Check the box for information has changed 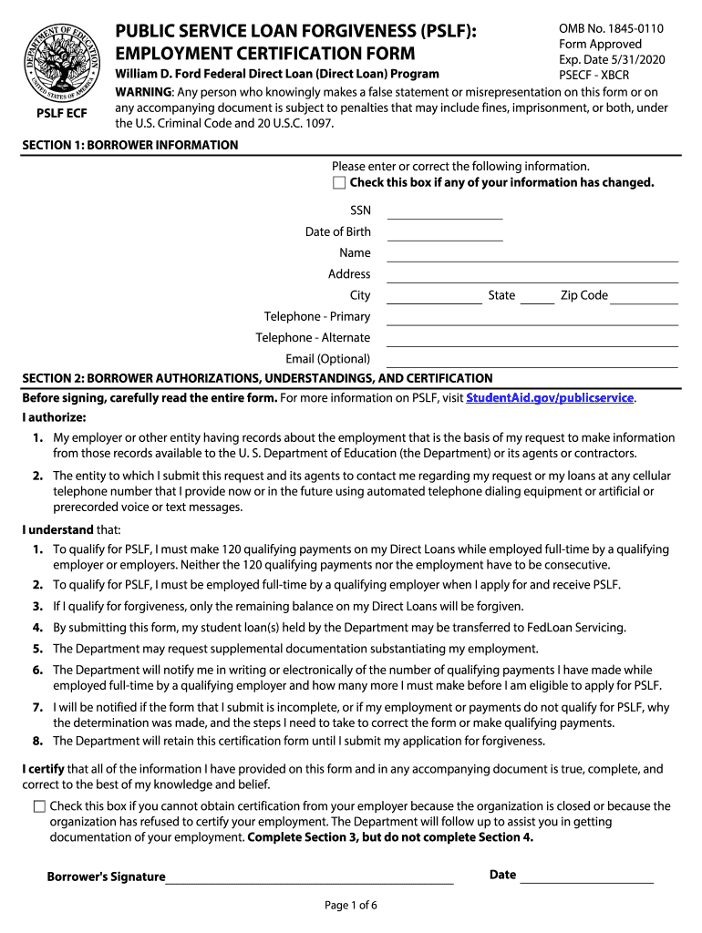pyautogui.click(x=339, y=183)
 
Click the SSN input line pyautogui.click(x=445, y=213)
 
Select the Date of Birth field pyautogui.click(x=445, y=234)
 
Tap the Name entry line pyautogui.click(x=532, y=255)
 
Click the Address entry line pyautogui.click(x=532, y=276)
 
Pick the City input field pyautogui.click(x=434, y=297)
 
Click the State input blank pyautogui.click(x=537, y=297)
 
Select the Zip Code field pyautogui.click(x=645, y=297)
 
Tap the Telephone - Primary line pyautogui.click(x=532, y=319)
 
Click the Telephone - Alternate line pyautogui.click(x=532, y=340)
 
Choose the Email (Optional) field pyautogui.click(x=532, y=361)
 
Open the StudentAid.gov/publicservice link pyautogui.click(x=550, y=398)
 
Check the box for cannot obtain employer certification pyautogui.click(x=39, y=806)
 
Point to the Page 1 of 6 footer pyautogui.click(x=351, y=905)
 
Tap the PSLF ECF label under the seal pyautogui.click(x=62, y=114)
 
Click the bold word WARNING pyautogui.click(x=143, y=92)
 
